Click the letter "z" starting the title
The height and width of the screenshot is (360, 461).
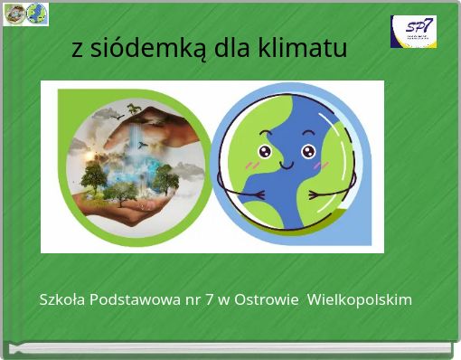coord(77,50)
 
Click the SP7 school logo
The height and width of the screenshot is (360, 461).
coord(413,32)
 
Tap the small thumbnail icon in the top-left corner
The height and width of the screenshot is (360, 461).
coord(25,14)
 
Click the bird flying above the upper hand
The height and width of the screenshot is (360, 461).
coord(108,113)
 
